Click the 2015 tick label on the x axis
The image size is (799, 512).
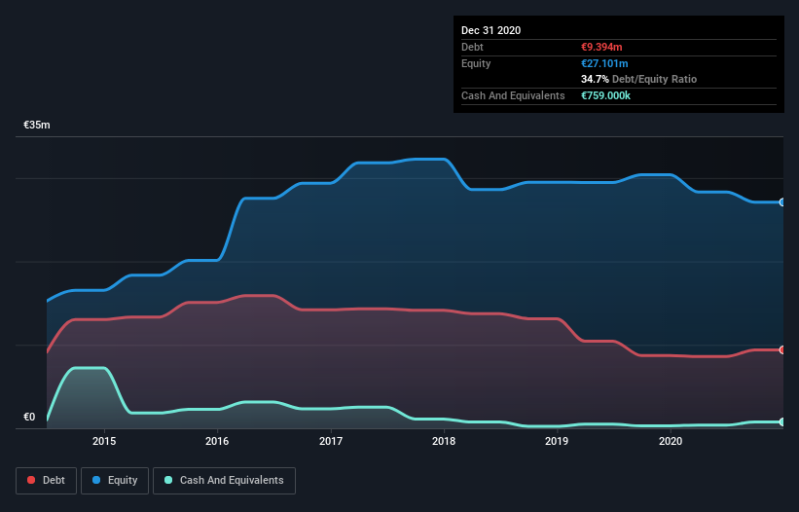point(104,441)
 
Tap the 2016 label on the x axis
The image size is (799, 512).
point(217,441)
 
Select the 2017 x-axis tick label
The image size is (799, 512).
point(331,441)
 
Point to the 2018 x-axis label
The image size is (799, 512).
point(444,441)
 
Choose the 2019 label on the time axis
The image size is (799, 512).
point(557,441)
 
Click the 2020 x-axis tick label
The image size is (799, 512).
point(671,441)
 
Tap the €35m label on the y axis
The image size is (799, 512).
point(37,126)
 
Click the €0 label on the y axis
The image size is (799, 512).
point(29,418)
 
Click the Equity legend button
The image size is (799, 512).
point(115,480)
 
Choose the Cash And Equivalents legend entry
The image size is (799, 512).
point(224,480)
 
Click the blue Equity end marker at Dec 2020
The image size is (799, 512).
point(782,202)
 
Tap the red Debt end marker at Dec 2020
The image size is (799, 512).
point(782,349)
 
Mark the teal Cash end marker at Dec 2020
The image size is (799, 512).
point(782,421)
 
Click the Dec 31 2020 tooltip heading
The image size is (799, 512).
point(491,30)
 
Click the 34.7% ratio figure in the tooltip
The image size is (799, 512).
point(594,79)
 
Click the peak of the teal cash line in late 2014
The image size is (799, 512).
point(89,368)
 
